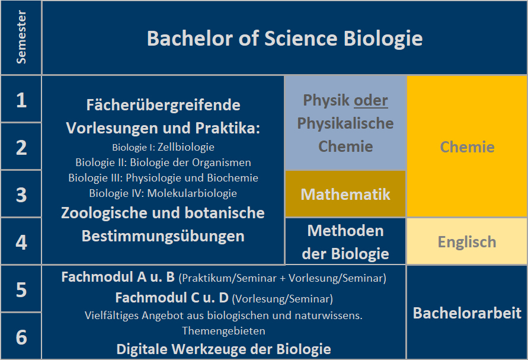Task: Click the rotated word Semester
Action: [21, 37]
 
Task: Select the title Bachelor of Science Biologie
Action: [284, 39]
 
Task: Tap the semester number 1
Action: [21, 100]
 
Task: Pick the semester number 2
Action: [21, 148]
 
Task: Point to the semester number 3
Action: [21, 195]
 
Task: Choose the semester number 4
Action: [21, 242]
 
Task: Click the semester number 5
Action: [21, 289]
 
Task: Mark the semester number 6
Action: [21, 337]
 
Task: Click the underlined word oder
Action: [371, 100]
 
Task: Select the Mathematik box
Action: [345, 193]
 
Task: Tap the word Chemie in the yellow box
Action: [467, 147]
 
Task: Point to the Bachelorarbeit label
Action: [467, 313]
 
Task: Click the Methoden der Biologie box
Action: [345, 241]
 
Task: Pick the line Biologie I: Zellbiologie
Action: [164, 147]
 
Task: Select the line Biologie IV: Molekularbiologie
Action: [163, 193]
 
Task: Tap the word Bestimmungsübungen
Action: [163, 236]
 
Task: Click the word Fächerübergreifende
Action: [164, 105]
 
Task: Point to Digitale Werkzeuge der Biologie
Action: [223, 349]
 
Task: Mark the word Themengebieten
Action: [223, 331]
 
